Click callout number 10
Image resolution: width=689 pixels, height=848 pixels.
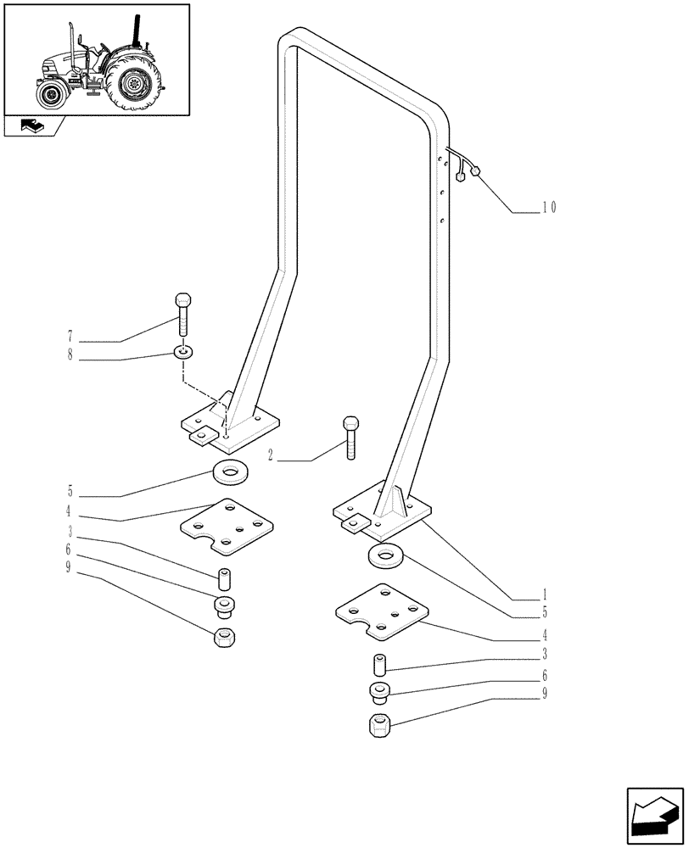click(x=547, y=206)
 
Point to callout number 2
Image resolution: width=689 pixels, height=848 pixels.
click(x=270, y=456)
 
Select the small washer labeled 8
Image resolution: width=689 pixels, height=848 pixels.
click(x=183, y=351)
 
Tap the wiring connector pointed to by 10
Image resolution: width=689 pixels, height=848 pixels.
click(x=474, y=170)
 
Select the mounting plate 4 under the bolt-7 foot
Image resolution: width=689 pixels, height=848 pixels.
click(x=225, y=526)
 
